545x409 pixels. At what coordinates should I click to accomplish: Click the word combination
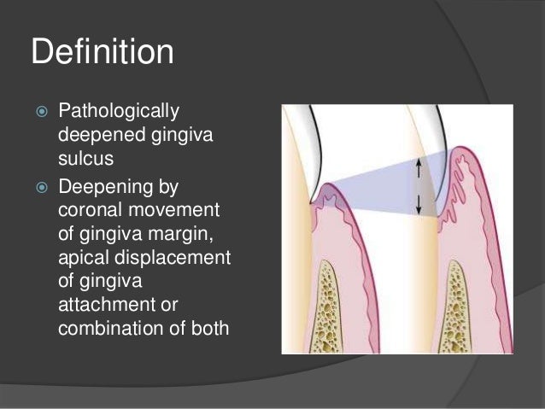107,326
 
